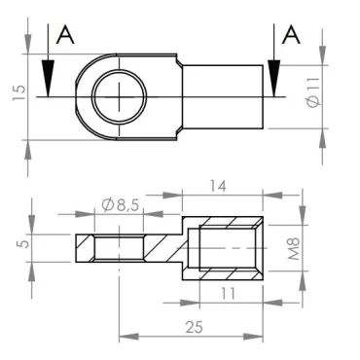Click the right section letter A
[x=289, y=36]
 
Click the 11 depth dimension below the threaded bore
[x=227, y=292]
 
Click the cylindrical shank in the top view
[x=224, y=96]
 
